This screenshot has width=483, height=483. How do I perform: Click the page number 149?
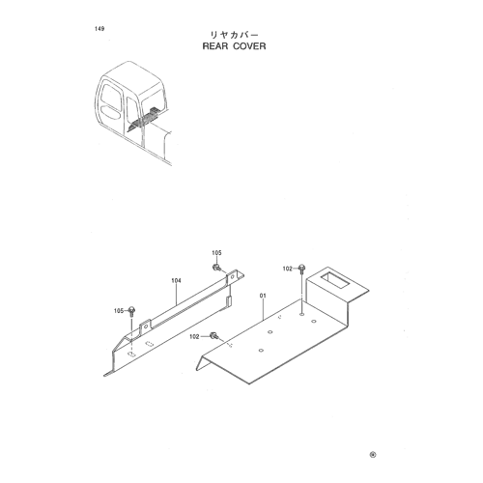point(99,29)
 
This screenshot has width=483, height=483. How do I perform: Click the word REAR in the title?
point(215,46)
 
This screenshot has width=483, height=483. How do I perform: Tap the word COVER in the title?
point(249,46)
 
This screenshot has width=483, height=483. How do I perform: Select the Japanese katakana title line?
point(234,35)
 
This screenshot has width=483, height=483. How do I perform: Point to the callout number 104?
point(176,281)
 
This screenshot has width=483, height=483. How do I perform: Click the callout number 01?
point(264,296)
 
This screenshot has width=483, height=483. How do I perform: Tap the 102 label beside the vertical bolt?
point(287,269)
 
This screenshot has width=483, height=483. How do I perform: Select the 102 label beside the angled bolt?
point(194,337)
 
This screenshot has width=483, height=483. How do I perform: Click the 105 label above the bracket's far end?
point(216,253)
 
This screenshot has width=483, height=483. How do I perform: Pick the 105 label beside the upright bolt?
point(119,311)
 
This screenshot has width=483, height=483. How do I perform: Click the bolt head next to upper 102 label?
point(301,268)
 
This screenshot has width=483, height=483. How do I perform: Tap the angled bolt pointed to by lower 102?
point(213,336)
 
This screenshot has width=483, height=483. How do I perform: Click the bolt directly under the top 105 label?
point(216,268)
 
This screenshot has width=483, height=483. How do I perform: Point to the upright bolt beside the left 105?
point(131,311)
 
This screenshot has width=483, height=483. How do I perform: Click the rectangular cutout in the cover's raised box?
point(334,280)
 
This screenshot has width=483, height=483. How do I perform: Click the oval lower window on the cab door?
point(111,112)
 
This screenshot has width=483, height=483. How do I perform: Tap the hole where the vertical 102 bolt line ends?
point(301,314)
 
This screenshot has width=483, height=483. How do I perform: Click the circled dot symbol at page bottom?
point(373,455)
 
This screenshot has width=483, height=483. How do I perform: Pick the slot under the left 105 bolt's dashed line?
point(131,355)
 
